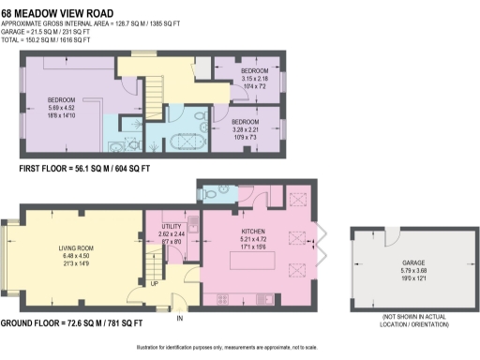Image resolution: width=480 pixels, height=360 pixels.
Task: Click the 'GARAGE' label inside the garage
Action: pos(385,263)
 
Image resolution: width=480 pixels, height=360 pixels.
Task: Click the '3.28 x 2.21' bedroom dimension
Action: pos(246,130)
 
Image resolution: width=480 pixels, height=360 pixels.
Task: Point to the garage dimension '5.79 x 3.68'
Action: pos(385,272)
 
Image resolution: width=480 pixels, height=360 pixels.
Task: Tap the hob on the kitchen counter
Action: pos(222,299)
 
